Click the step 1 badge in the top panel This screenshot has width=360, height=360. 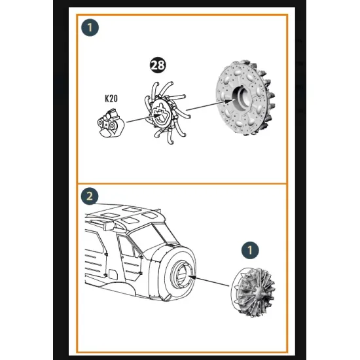90,27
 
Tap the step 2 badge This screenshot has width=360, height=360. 90,196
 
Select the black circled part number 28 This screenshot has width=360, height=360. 158,65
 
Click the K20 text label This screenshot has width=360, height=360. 111,98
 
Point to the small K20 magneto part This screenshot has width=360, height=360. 111,123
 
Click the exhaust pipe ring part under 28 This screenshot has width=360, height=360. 166,113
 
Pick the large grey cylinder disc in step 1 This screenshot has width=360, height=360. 245,98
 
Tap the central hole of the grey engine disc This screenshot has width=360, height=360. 241,97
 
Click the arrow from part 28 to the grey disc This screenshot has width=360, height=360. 211,105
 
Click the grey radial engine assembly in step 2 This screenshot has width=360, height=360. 253,292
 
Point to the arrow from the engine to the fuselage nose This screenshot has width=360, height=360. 208,281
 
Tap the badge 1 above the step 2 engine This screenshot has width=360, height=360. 250,250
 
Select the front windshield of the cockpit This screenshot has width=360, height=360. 147,236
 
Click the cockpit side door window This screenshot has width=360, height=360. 126,246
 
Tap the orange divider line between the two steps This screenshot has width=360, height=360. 182,184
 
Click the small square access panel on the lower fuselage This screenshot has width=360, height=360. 113,274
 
